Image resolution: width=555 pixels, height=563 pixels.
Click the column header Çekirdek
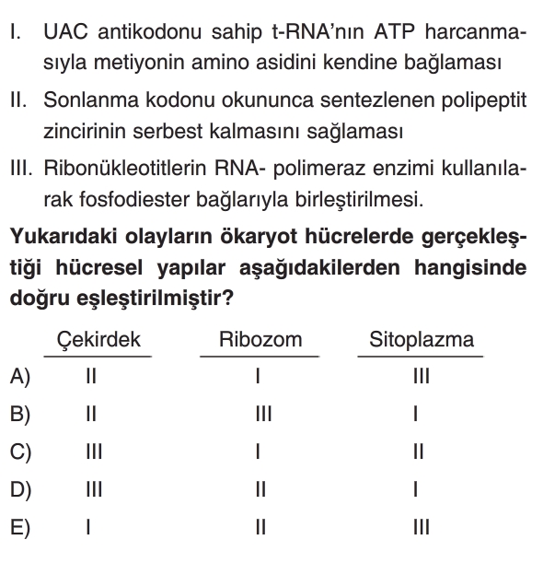(x=98, y=339)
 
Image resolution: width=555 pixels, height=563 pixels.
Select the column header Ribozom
(x=260, y=339)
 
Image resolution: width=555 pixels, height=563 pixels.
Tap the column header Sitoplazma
(x=422, y=339)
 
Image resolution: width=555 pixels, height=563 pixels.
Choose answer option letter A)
(x=20, y=377)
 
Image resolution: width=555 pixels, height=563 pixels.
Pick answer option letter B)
(x=20, y=415)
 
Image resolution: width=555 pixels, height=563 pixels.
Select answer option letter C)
(x=20, y=452)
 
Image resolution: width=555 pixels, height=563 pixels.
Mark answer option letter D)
(x=20, y=490)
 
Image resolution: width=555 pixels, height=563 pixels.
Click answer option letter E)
(x=20, y=528)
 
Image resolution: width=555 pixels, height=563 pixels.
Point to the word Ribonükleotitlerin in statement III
(x=127, y=168)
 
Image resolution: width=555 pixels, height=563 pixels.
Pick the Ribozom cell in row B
(x=260, y=415)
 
